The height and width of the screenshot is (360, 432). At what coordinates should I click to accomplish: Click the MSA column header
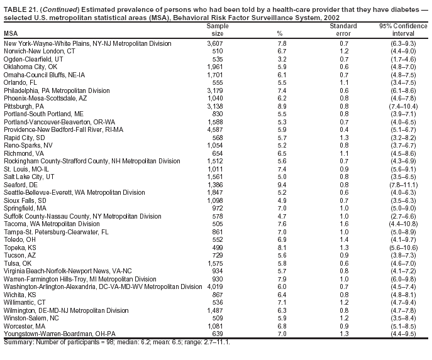11,33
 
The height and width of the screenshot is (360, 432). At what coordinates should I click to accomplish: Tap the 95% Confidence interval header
402,30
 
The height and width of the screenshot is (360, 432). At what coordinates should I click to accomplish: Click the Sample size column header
215,30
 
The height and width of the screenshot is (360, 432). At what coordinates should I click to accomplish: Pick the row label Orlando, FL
21,82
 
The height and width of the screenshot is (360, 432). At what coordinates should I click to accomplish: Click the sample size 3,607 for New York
215,43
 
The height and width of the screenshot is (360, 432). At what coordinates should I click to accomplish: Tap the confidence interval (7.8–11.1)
402,185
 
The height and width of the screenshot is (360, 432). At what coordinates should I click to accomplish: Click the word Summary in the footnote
17,342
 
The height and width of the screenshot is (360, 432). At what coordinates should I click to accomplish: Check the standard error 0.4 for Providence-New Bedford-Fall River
344,129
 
